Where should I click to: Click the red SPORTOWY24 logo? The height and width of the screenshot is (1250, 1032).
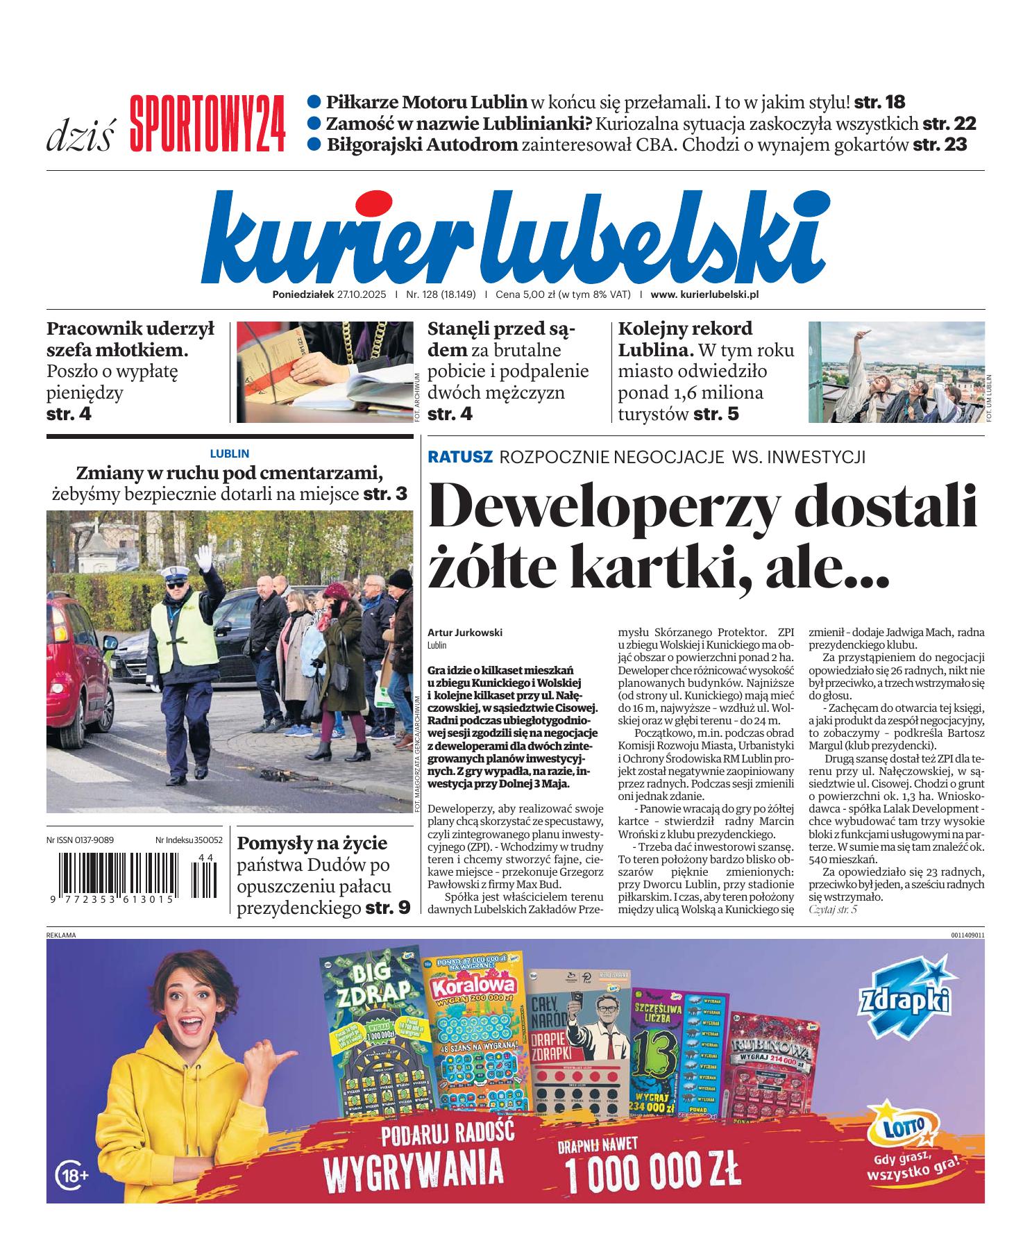coord(207,124)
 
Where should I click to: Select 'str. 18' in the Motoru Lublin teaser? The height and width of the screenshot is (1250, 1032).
coord(879,103)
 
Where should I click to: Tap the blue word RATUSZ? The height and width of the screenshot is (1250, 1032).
coord(460,457)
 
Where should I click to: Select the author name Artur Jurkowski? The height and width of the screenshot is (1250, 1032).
coord(464,633)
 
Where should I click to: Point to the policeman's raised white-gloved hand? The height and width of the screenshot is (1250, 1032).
coord(204,556)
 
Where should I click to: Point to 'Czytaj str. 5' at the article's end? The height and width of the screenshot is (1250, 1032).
coord(833,909)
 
